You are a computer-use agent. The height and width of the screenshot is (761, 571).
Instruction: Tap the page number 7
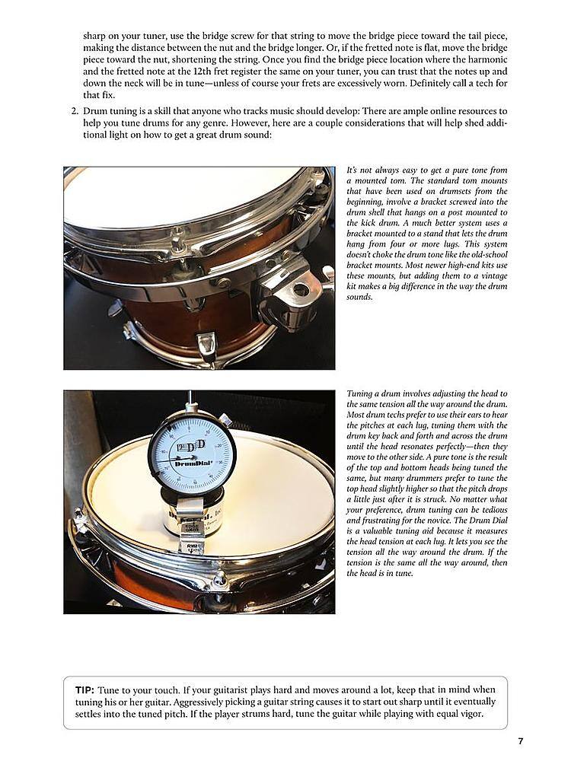coord(520,741)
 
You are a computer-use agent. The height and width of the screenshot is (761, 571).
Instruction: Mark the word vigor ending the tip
coord(467,715)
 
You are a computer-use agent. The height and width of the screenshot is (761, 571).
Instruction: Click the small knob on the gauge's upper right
coord(226,418)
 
